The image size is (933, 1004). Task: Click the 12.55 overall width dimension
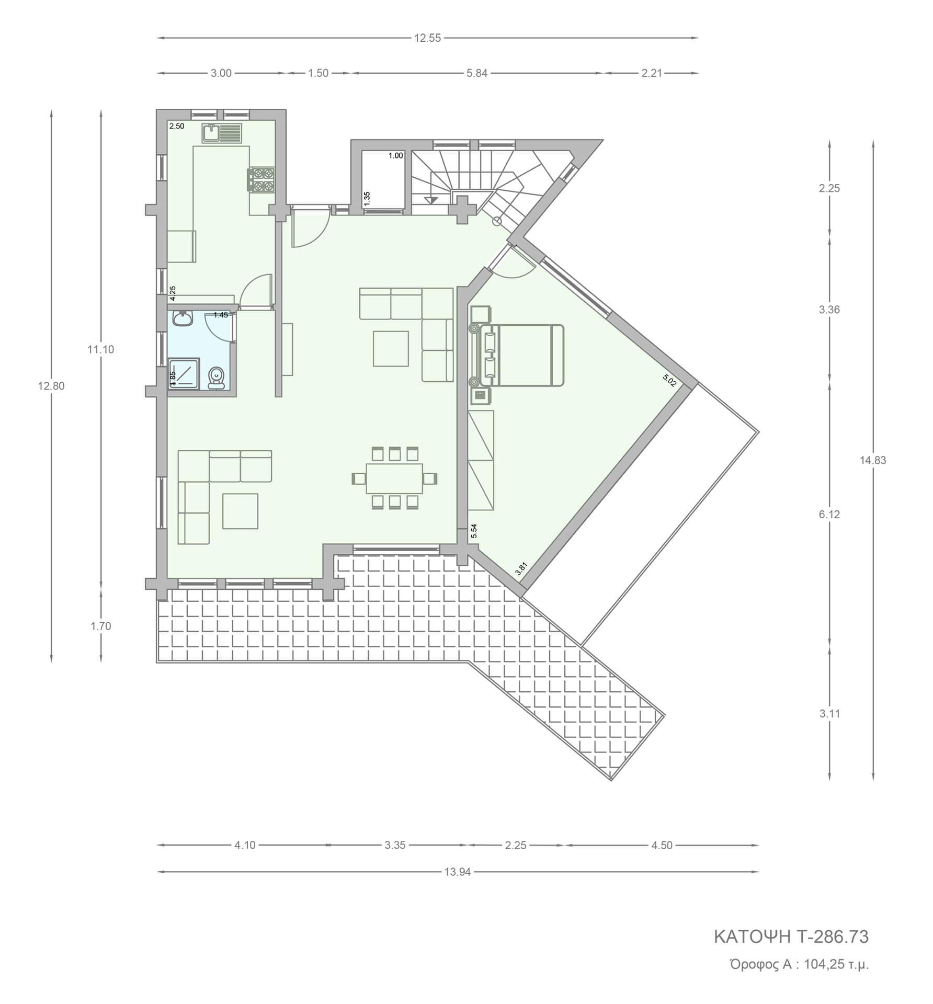click(x=428, y=38)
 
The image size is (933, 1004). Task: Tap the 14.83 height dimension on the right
click(x=873, y=460)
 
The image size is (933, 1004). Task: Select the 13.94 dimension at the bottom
click(x=458, y=872)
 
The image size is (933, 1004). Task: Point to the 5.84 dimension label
click(x=477, y=73)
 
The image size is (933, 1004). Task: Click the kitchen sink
click(x=221, y=133)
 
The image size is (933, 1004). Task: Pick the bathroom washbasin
click(x=182, y=319)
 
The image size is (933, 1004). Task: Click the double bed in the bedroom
click(x=518, y=356)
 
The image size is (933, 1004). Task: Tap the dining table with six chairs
click(x=395, y=478)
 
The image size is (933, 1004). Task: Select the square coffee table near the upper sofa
click(x=391, y=349)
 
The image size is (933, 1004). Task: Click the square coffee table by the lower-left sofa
click(x=240, y=511)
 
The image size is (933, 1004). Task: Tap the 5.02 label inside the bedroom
click(x=669, y=380)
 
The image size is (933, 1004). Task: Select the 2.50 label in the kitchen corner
click(x=177, y=126)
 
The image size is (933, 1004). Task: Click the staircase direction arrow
click(x=431, y=199)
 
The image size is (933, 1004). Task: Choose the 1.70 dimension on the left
click(x=100, y=626)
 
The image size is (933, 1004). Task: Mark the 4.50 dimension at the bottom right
click(x=662, y=845)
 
